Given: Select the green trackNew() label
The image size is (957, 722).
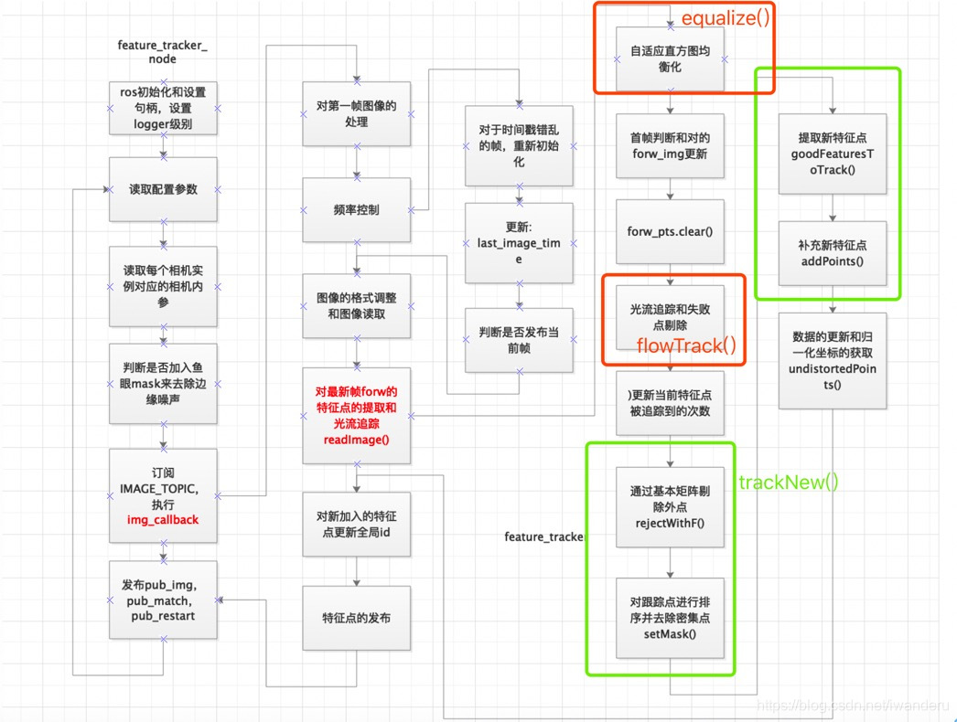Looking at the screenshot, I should pyautogui.click(x=788, y=482).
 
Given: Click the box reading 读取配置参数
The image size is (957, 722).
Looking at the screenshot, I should pyautogui.click(x=163, y=189).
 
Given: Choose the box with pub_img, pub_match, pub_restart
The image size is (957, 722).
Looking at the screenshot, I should pyautogui.click(x=163, y=600).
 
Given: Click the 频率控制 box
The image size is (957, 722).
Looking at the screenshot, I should pyautogui.click(x=355, y=209).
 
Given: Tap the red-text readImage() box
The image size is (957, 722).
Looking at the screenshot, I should pyautogui.click(x=355, y=414).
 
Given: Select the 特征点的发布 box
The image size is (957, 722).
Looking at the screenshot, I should pyautogui.click(x=355, y=618).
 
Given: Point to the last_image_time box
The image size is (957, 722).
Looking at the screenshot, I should pyautogui.click(x=519, y=243).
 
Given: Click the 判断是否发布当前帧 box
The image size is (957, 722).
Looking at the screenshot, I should pyautogui.click(x=519, y=339).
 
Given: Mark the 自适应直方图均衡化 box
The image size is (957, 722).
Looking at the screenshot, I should pyautogui.click(x=669, y=58).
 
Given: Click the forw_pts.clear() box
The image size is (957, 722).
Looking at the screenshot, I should pyautogui.click(x=669, y=231).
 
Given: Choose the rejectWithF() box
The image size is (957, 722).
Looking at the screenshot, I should pyautogui.click(x=669, y=508).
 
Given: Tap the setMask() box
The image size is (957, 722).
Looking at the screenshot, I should pyautogui.click(x=669, y=617).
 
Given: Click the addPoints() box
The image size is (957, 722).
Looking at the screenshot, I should pyautogui.click(x=832, y=253).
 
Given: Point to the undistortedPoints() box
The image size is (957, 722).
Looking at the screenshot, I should pyautogui.click(x=832, y=362).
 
